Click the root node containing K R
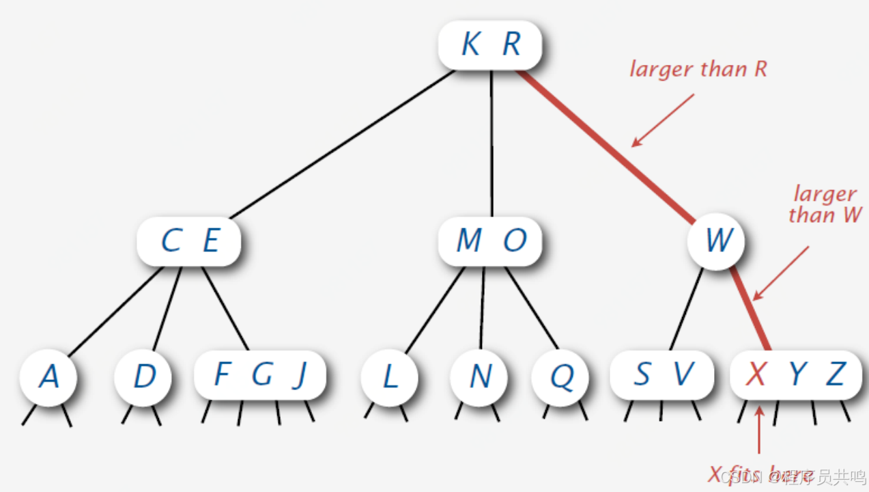(x=490, y=45)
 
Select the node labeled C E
(x=189, y=241)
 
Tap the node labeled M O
(x=490, y=241)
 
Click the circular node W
(x=717, y=241)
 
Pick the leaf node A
(x=48, y=377)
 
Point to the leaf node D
(x=143, y=377)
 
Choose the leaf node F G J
(x=259, y=375)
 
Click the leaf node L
(x=389, y=377)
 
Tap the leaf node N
(x=480, y=377)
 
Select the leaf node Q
(x=561, y=377)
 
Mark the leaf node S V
(x=661, y=374)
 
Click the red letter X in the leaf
(x=755, y=374)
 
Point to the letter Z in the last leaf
(x=836, y=374)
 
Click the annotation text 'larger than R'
(x=698, y=70)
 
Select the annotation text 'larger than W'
(x=825, y=205)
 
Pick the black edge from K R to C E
(x=341, y=144)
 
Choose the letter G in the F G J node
(x=261, y=375)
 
